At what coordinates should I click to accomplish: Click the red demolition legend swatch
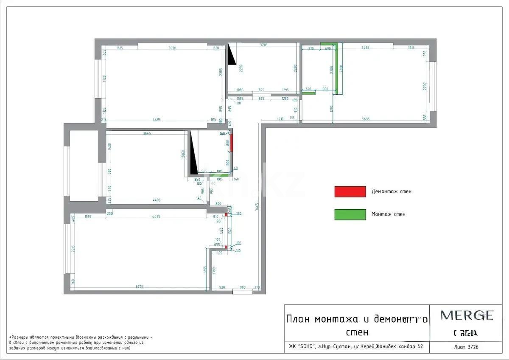(x=350, y=192)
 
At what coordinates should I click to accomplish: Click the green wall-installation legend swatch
(x=350, y=214)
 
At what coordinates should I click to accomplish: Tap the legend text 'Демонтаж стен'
(x=391, y=191)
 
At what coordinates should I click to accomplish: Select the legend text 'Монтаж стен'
(x=388, y=214)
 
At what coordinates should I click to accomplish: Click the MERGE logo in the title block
(x=467, y=315)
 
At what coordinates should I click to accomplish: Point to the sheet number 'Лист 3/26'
(x=466, y=346)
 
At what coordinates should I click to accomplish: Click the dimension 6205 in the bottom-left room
(x=140, y=287)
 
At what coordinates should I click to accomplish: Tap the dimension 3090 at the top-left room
(x=172, y=48)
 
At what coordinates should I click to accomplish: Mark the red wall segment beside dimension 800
(x=232, y=143)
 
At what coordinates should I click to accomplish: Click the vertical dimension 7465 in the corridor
(x=257, y=207)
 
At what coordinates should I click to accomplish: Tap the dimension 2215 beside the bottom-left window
(x=73, y=250)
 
